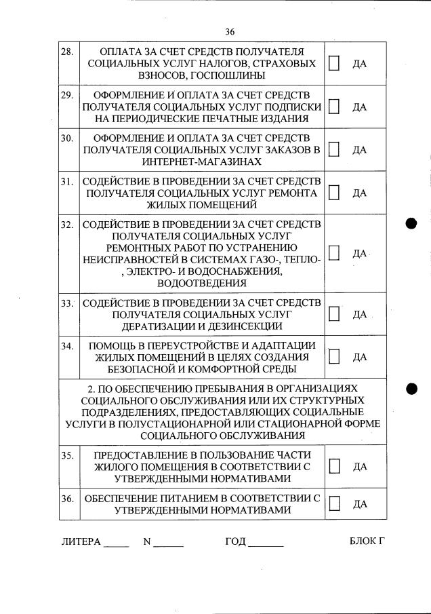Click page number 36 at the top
(x=228, y=31)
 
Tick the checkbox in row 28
(x=334, y=63)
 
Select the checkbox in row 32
(x=334, y=252)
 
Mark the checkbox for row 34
(x=334, y=356)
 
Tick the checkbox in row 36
(x=334, y=503)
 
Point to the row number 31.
(x=66, y=181)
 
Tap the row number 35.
(x=66, y=455)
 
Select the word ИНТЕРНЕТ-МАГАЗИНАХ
(x=201, y=162)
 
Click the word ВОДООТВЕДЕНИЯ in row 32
(x=201, y=283)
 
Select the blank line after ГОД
(x=266, y=543)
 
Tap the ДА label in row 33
(x=359, y=314)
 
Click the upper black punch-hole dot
(x=411, y=224)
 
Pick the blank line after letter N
(x=168, y=543)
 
